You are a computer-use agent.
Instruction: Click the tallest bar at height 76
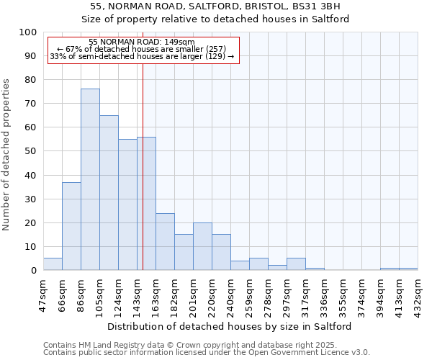(90, 179)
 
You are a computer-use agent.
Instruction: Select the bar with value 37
(71, 226)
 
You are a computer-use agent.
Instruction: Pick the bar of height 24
(165, 241)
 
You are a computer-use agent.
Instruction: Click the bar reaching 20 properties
(202, 246)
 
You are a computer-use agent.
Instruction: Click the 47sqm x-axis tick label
(43, 296)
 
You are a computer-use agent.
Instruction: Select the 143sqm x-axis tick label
(137, 296)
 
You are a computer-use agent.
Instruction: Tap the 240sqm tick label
(230, 296)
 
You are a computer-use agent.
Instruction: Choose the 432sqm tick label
(418, 296)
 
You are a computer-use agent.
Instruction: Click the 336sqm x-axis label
(324, 296)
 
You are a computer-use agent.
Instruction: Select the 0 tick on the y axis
(34, 271)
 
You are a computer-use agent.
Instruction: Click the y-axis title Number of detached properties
(7, 155)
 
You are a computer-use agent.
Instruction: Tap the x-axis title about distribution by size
(230, 326)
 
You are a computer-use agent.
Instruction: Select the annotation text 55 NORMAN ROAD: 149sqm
(142, 42)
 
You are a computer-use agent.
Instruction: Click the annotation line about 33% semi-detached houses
(142, 56)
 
